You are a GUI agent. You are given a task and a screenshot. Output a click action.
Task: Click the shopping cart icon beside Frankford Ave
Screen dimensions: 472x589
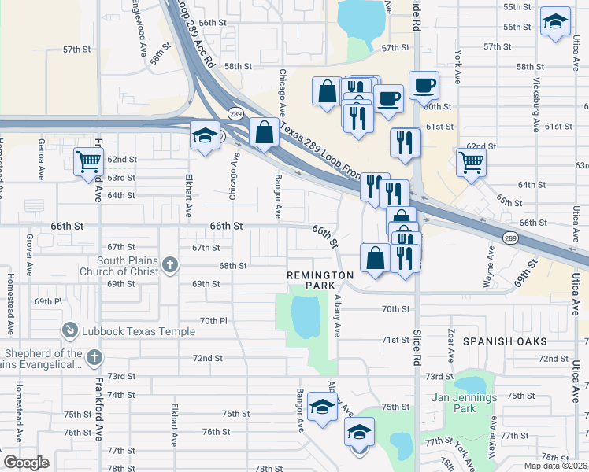(88, 162)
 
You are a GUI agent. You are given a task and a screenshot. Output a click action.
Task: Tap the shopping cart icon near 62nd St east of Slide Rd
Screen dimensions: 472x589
(471, 162)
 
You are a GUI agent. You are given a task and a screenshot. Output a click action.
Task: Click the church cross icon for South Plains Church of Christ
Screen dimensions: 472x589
(170, 267)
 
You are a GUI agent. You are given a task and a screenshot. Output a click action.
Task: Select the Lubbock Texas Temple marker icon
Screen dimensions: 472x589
(71, 331)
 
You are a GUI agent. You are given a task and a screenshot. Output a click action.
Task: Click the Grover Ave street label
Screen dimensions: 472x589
(28, 251)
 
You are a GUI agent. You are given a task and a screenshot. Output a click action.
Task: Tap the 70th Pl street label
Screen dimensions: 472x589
(213, 321)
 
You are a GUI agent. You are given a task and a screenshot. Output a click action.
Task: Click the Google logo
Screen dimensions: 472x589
(26, 463)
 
